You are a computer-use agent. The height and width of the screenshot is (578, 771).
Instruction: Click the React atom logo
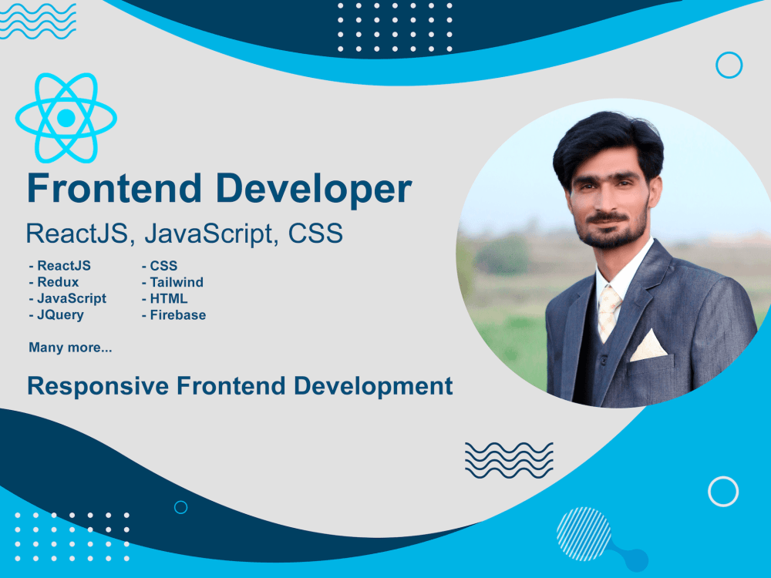(x=66, y=118)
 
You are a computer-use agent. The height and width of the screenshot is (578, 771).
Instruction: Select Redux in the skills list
(x=57, y=282)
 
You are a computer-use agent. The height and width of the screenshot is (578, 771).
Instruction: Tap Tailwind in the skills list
(x=176, y=282)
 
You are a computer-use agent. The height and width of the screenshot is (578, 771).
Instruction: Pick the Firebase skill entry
(x=177, y=314)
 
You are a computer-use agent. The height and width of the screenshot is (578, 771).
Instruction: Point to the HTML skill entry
(x=168, y=298)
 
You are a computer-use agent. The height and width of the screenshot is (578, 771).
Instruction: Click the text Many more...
(x=70, y=348)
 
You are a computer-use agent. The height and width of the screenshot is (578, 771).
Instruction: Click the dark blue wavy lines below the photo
(x=509, y=459)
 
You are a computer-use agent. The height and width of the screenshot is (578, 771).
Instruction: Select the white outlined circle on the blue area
(x=723, y=491)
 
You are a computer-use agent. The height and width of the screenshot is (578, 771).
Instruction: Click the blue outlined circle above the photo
(x=729, y=65)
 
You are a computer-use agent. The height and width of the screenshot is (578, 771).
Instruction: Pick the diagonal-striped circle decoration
(x=584, y=533)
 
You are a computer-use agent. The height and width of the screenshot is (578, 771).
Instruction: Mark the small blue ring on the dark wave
(x=180, y=507)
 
